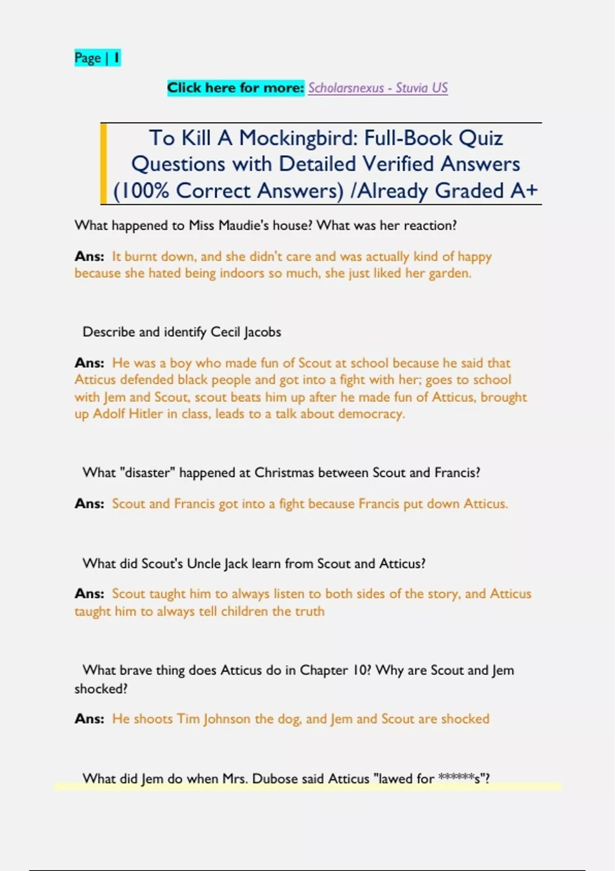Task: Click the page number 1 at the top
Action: [117, 58]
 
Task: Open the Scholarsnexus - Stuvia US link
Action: [378, 88]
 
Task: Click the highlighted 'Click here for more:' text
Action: [236, 88]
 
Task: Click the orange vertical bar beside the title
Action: [104, 164]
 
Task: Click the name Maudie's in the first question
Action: [249, 225]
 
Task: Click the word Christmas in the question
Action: [284, 472]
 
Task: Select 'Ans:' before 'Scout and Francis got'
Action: [89, 504]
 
